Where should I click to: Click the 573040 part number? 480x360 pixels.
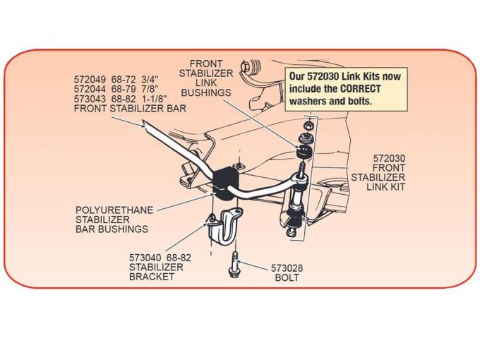tap(145, 258)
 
